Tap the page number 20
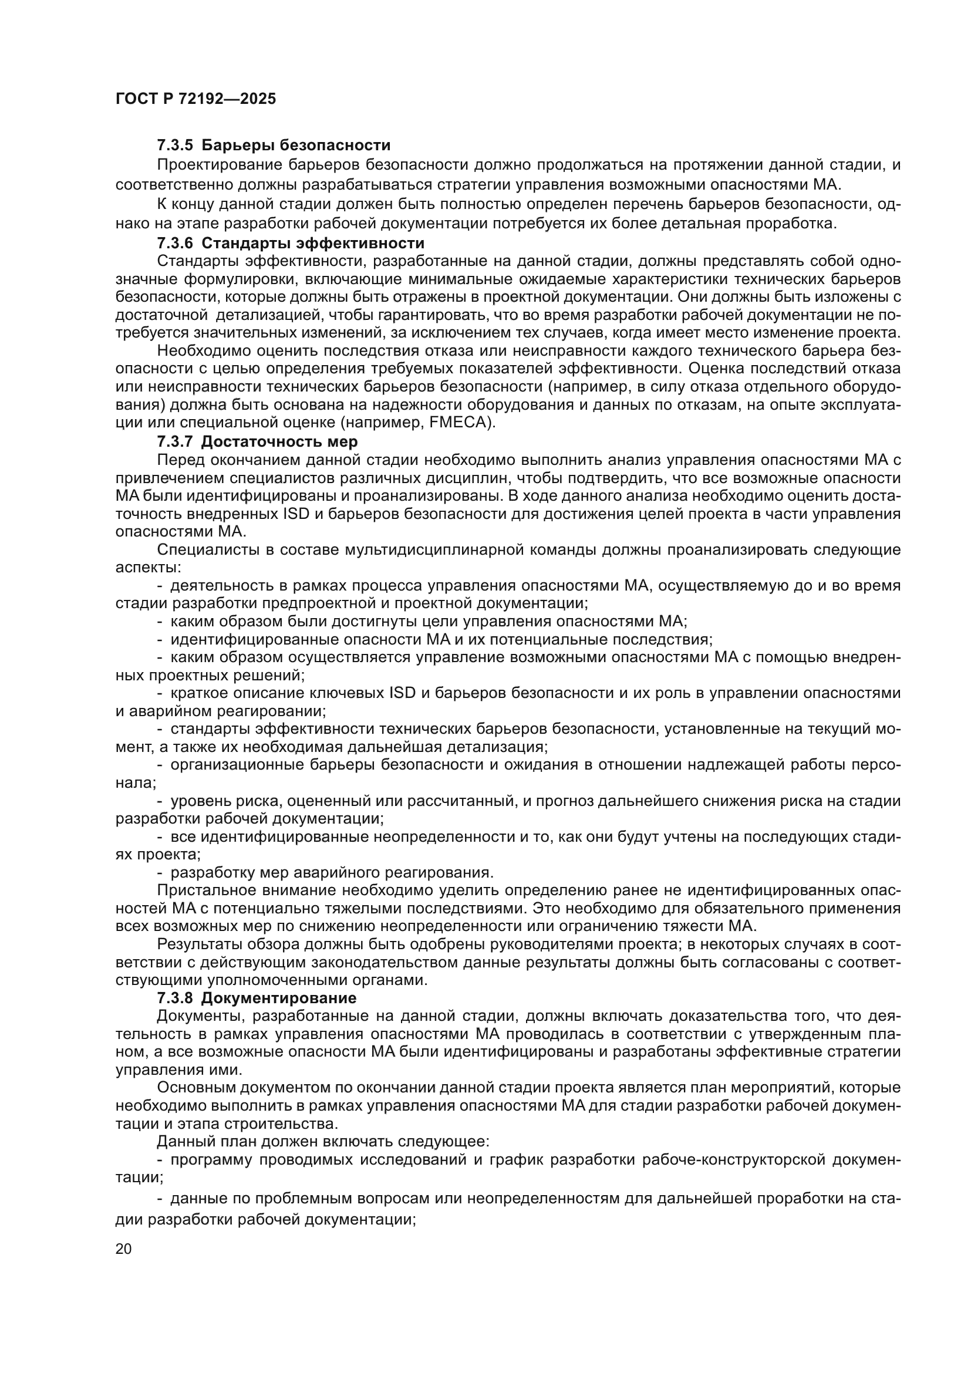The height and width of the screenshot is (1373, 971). [123, 1249]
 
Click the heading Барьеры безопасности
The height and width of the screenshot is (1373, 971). [296, 146]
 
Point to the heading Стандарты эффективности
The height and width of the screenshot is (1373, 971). [313, 244]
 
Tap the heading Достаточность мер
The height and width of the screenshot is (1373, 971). [279, 442]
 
